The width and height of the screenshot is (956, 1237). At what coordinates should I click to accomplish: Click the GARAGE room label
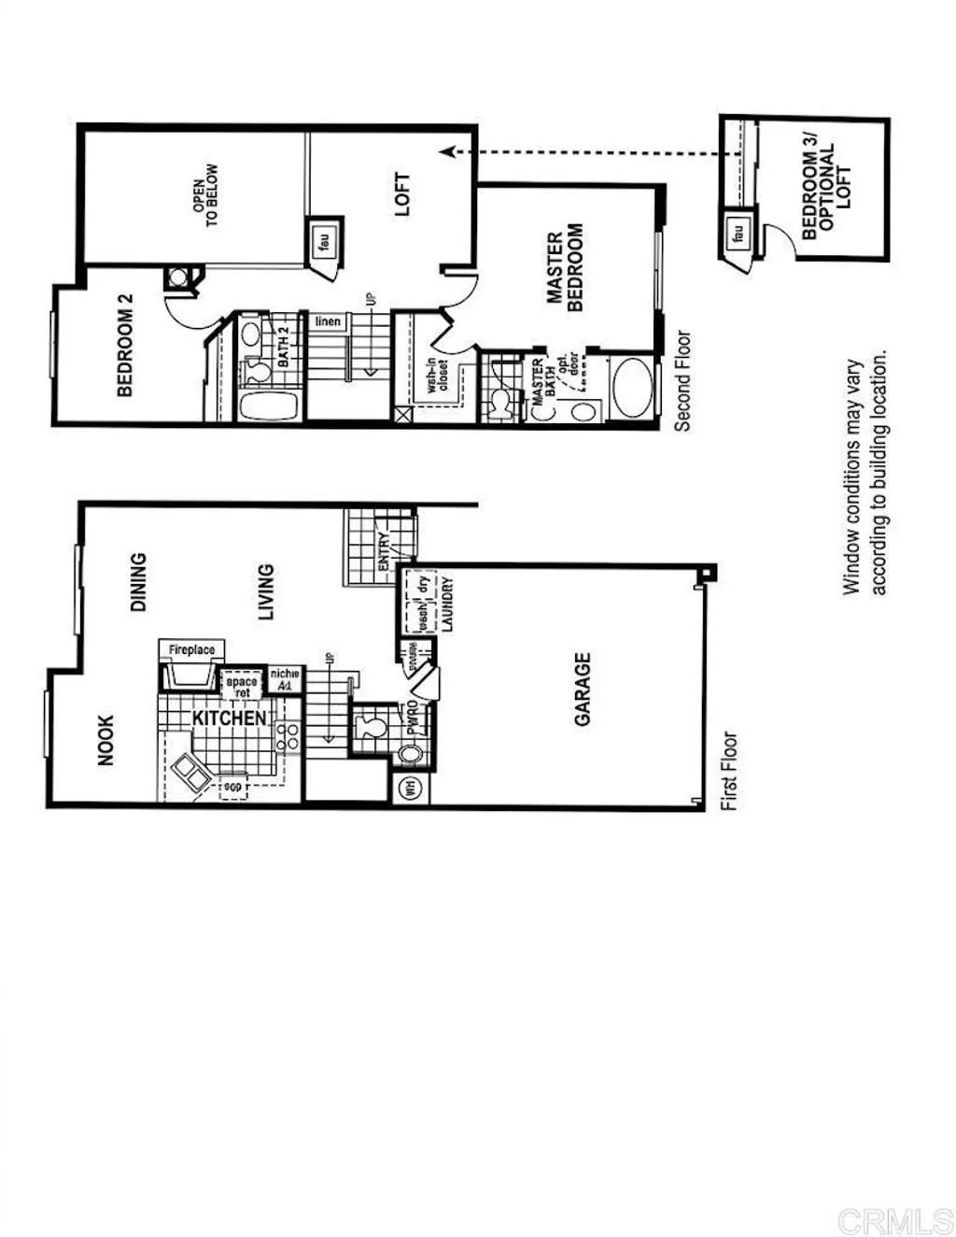(583, 690)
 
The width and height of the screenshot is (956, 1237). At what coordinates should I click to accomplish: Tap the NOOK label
(105, 740)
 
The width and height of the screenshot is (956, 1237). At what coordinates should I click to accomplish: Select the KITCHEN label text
(229, 718)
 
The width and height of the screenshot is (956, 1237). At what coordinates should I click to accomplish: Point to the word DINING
(138, 582)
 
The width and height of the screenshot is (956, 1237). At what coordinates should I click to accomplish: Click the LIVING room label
(266, 591)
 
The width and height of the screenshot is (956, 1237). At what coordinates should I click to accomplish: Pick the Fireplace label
(191, 649)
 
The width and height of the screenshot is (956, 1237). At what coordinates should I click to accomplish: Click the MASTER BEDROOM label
(565, 267)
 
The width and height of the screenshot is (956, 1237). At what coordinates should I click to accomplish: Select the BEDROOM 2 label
(125, 346)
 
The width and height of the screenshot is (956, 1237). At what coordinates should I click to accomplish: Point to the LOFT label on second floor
(402, 194)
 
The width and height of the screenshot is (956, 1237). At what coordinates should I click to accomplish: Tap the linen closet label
(328, 321)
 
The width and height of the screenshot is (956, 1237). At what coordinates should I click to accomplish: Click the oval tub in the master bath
(633, 388)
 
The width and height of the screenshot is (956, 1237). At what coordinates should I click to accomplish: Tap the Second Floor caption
(682, 380)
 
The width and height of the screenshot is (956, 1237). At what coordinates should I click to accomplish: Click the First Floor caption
(729, 771)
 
